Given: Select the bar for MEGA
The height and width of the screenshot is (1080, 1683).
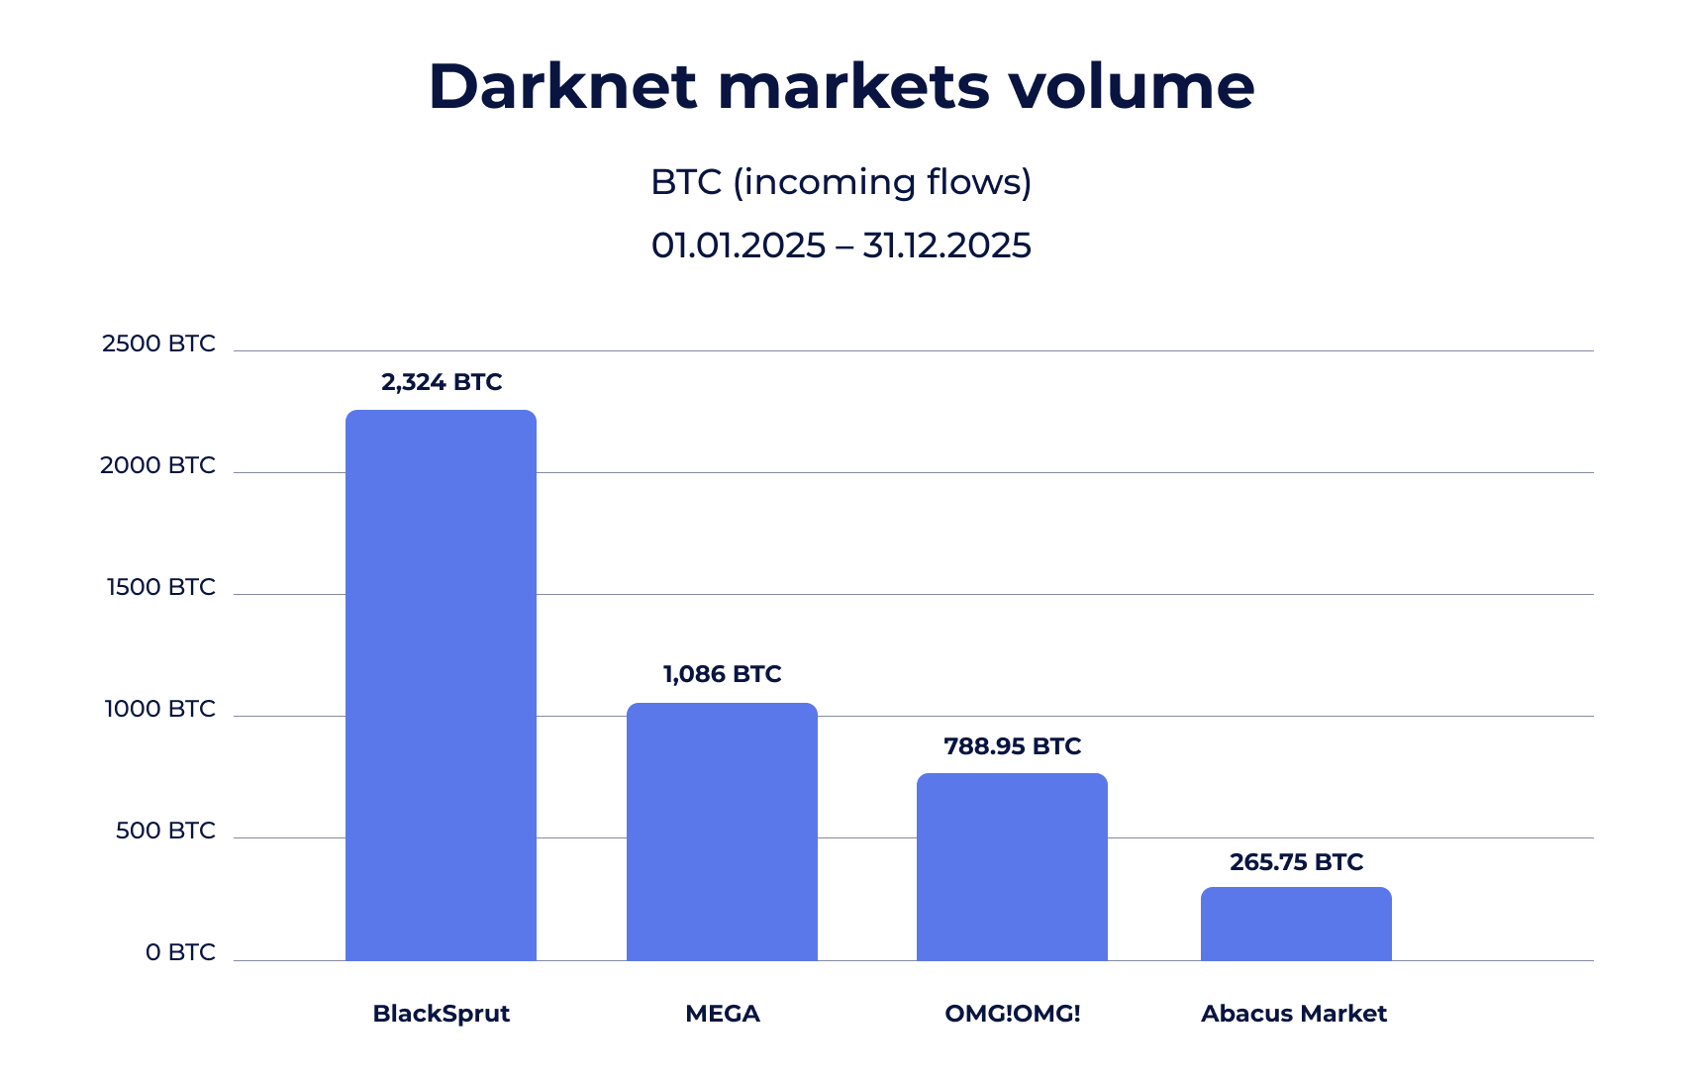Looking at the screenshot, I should coord(722,832).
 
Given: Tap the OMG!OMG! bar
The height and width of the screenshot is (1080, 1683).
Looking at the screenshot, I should coord(1012,866).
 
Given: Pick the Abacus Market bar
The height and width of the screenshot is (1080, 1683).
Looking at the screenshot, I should coord(1296,924).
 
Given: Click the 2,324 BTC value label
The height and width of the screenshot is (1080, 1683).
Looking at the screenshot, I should coord(442,382).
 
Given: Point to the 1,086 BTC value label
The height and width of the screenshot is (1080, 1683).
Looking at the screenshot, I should coord(722,674).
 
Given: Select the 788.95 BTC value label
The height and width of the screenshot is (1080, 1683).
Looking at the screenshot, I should coord(1012,746).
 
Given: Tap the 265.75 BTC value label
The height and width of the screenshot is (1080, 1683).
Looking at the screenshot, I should coord(1296,862).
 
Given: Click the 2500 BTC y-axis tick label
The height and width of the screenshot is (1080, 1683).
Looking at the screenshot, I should coord(158,344).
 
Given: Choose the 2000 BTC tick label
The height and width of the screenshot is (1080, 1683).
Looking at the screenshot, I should coord(157,465).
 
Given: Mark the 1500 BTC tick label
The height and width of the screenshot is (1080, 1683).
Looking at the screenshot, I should coord(160,587).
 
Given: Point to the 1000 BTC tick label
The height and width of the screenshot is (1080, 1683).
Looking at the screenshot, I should coord(159,709).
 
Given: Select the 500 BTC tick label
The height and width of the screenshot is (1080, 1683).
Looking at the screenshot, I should coord(165,831).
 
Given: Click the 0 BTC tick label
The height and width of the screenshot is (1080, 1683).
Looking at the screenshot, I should coord(180,952).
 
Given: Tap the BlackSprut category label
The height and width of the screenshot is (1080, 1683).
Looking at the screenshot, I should coord(441,1014).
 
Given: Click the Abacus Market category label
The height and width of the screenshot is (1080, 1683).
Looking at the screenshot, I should coord(1293,1014).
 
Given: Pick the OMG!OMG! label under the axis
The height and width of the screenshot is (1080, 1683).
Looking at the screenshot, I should coord(1012,1014).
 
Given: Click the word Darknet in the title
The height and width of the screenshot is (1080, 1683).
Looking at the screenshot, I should coord(562,86).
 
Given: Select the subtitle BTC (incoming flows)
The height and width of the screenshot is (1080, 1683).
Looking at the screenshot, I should coord(841,182).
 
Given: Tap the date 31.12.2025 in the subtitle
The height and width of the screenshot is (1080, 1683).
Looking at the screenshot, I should coord(946,245).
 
